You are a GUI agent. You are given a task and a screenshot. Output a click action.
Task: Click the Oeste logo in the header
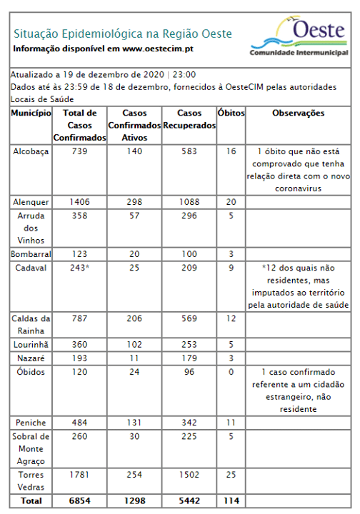299,37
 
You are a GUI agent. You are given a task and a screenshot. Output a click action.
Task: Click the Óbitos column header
231,114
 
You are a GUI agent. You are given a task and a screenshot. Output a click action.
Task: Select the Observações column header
299,114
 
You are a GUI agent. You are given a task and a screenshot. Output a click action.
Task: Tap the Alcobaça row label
31,152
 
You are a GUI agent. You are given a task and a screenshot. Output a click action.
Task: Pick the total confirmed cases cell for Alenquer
79,202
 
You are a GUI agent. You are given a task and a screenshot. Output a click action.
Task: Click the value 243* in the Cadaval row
81,268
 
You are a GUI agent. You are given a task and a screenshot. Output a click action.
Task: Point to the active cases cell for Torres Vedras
135,475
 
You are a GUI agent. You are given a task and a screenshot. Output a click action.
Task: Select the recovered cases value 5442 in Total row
189,501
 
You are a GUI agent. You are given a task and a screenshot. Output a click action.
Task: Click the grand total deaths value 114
231,501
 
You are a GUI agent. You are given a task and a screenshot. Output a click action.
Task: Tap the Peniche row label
31,422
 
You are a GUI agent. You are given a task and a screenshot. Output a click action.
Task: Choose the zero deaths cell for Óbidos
231,372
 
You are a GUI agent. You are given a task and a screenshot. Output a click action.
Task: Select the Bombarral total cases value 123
79,254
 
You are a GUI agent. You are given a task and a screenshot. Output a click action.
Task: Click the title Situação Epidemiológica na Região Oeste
122,34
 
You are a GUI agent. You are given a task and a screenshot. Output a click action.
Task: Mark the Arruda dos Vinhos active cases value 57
135,216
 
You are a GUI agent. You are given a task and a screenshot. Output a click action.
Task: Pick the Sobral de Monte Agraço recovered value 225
189,436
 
